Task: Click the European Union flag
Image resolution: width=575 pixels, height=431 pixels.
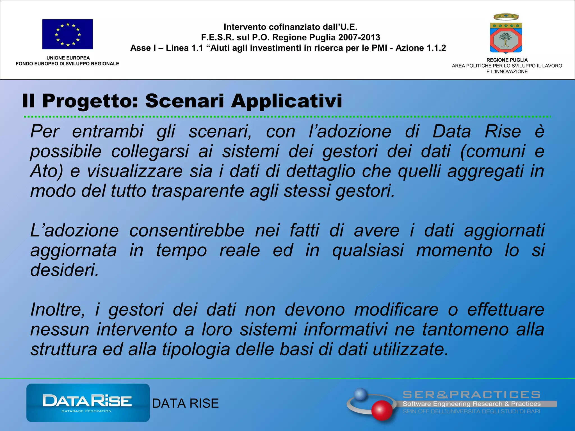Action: point(67,34)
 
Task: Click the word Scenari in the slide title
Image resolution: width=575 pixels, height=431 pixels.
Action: point(185,101)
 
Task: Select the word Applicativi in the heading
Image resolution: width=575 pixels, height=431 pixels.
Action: point(287,101)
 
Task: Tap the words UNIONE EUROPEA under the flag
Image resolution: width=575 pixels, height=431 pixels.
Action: point(68,58)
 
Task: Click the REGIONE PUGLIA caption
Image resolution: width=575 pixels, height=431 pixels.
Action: point(507,60)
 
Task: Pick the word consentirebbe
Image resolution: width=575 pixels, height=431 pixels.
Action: point(187,231)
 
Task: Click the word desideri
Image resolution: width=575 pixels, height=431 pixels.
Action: point(65,270)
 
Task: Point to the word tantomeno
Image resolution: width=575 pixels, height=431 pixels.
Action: point(465,329)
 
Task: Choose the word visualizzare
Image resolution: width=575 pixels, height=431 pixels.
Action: point(135,171)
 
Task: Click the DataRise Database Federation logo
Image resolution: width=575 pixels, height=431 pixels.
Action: point(88,403)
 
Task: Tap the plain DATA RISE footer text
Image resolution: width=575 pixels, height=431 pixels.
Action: point(185,404)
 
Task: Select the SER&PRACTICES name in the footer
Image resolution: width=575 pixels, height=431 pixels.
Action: point(471,395)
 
